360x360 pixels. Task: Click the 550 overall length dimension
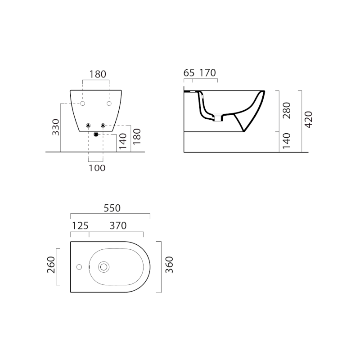pos(112,208)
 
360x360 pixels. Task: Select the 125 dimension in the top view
pos(80,226)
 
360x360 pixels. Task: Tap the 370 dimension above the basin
pos(118,226)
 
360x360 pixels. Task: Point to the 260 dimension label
pos(51,265)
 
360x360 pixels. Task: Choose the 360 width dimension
pos(169,265)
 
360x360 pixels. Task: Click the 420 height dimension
pos(309,120)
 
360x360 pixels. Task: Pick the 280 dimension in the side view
pos(287,110)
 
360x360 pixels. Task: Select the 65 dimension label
pos(189,73)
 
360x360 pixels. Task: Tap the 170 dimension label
pos(207,73)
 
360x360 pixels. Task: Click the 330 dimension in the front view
pos(56,127)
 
